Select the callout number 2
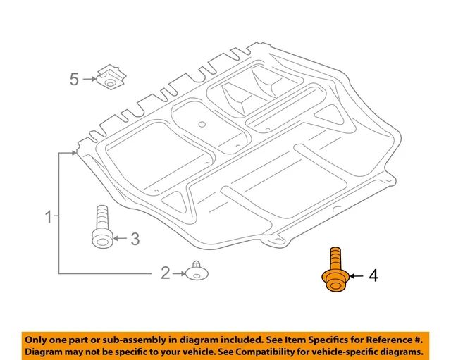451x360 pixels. point(166,273)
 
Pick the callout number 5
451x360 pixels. point(75,79)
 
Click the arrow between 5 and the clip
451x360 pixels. point(89,79)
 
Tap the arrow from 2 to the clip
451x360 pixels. point(178,273)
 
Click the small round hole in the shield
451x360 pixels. point(201,124)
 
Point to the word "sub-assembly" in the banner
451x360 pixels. point(133,338)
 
